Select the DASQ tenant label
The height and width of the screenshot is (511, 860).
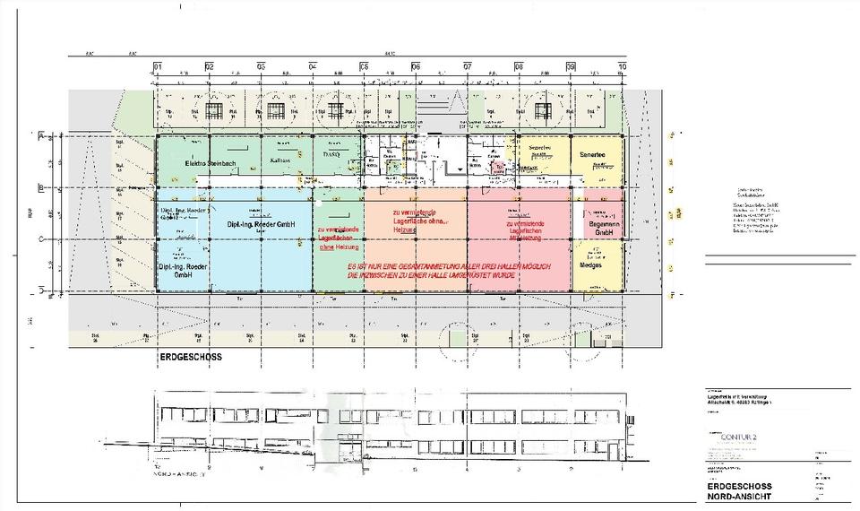click(x=331, y=154)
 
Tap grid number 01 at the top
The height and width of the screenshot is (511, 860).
click(x=157, y=66)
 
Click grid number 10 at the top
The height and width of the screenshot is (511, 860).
click(x=622, y=66)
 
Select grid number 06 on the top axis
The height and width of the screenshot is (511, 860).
click(x=416, y=66)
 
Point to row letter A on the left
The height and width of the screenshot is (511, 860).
click(x=40, y=135)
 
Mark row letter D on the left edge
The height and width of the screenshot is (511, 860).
click(x=40, y=290)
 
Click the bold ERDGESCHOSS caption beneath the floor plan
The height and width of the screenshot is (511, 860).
click(x=190, y=357)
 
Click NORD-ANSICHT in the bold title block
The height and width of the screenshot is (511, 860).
click(x=735, y=496)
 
